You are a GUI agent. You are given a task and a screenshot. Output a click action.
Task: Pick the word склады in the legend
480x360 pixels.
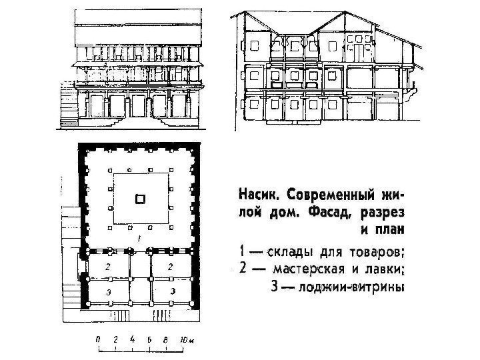click(x=287, y=253)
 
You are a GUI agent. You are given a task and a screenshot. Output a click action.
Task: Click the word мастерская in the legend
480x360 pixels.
click(x=313, y=270)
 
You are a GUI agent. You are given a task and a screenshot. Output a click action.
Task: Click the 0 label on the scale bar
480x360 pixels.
click(x=99, y=339)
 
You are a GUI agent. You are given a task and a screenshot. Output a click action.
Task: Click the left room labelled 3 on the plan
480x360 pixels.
click(x=108, y=291)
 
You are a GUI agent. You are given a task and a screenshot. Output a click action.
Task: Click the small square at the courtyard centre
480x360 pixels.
click(x=139, y=198)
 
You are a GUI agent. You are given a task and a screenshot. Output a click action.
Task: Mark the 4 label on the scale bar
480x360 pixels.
click(x=133, y=339)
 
